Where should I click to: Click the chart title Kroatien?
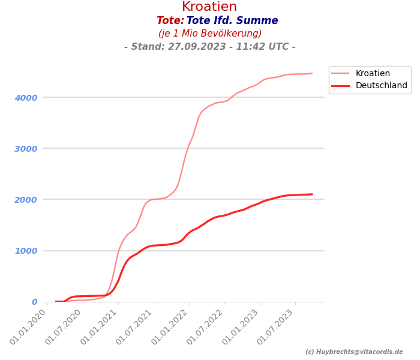click(209, 7)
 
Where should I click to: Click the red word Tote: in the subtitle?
click(170, 21)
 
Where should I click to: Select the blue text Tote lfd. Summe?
click(232, 21)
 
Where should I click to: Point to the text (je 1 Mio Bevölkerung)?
click(210, 34)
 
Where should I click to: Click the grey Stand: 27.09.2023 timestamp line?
click(209, 47)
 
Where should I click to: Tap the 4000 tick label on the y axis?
click(26, 97)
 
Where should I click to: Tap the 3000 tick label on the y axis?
click(26, 148)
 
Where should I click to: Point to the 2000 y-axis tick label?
click(26, 199)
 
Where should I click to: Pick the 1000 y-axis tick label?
click(26, 251)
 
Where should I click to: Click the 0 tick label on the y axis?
click(34, 302)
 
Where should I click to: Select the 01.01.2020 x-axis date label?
click(29, 326)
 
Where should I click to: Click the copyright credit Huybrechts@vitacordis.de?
click(354, 352)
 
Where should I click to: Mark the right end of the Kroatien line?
click(312, 73)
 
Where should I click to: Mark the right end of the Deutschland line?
click(312, 194)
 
